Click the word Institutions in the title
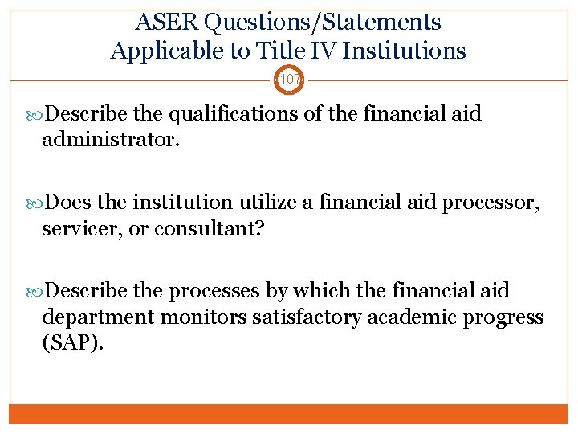[x=403, y=51]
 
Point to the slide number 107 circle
[x=289, y=80]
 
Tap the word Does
[x=69, y=203]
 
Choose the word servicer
[x=79, y=230]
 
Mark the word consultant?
[x=210, y=230]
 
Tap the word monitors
[x=204, y=317]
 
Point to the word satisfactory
[x=309, y=317]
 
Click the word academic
[x=412, y=317]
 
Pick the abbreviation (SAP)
[x=72, y=344]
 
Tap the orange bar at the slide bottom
[x=289, y=414]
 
